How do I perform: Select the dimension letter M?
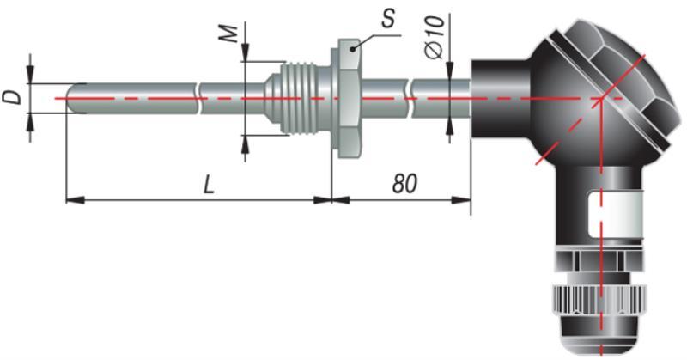tap(228, 34)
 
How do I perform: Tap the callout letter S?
tap(388, 19)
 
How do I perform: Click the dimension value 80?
tap(404, 184)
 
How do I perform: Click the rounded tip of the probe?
tap(72, 98)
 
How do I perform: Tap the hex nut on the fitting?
tap(349, 98)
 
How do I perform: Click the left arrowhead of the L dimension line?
tap(75, 200)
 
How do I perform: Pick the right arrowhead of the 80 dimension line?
tap(461, 200)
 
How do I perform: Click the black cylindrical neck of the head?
tap(501, 99)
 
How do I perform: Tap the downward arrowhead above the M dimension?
tap(245, 52)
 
